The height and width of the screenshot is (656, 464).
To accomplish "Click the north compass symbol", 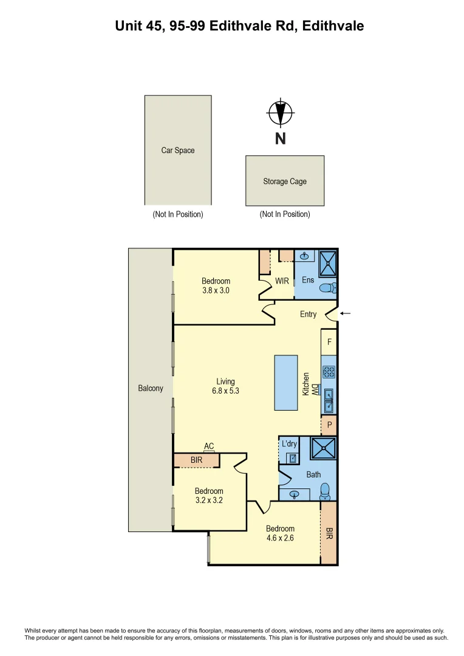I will point(280,113).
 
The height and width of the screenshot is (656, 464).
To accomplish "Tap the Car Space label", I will point(178,150).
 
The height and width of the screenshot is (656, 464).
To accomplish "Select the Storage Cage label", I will point(285,181).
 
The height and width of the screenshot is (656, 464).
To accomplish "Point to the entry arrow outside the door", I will point(345,313).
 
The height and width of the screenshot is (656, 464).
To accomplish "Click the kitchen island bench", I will point(287,383).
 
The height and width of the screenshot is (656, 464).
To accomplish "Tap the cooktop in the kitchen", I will point(329,372).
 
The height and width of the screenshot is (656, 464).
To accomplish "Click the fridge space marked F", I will point(329,342).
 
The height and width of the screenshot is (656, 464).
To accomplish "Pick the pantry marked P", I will point(329,425).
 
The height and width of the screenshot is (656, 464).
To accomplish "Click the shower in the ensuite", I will point(327,263).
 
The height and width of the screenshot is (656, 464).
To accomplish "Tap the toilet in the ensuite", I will point(327,288).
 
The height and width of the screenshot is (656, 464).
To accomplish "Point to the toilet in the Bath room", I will point(326,490).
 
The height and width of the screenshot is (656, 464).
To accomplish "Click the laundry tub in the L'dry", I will point(292,459).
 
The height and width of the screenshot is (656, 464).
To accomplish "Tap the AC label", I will point(209,446).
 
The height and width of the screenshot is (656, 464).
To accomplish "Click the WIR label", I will point(282,281).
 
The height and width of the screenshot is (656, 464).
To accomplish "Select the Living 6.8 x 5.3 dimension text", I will point(225,386).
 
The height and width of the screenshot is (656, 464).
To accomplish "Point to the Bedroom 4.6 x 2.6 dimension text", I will point(280,533).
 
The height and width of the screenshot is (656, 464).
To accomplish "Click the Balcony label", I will point(151,388).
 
